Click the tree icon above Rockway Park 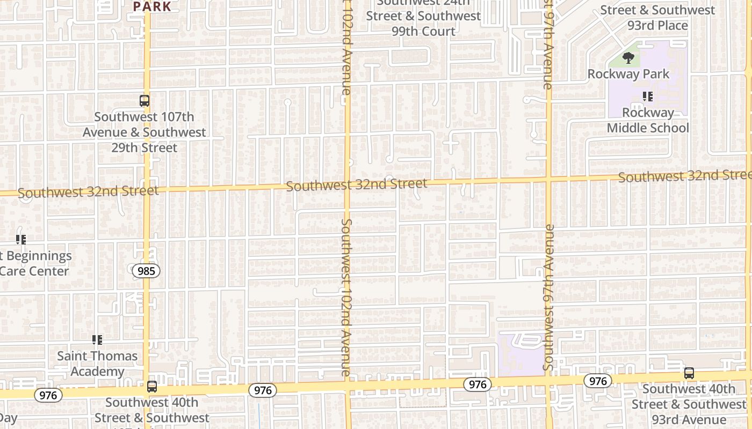(628, 57)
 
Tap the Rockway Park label (628, 74)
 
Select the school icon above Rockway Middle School (648, 97)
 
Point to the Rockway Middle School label (648, 120)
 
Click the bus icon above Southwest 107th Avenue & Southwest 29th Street (144, 100)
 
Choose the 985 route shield (146, 271)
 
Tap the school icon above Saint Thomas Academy (97, 339)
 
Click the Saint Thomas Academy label (97, 363)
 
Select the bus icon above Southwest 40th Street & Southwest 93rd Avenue (689, 373)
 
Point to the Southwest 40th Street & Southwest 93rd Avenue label (689, 404)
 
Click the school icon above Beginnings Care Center (21, 239)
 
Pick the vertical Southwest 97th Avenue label (548, 298)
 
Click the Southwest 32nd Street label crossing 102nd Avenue (357, 185)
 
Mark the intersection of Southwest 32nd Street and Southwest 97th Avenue (548, 179)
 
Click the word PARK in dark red (152, 6)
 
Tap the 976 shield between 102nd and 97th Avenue (477, 384)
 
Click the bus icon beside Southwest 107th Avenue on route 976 (152, 386)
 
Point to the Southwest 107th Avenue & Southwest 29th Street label (144, 132)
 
